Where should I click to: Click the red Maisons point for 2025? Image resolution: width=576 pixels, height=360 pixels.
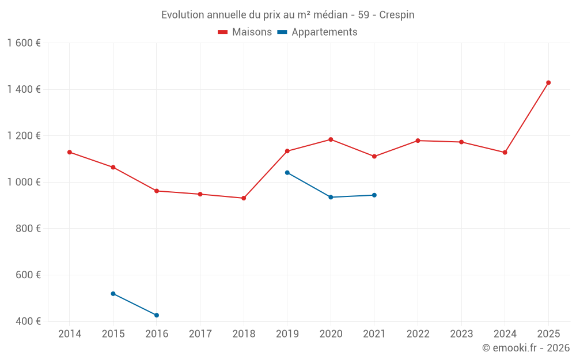[x=548, y=82]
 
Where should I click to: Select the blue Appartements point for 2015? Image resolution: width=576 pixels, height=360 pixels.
[x=113, y=294]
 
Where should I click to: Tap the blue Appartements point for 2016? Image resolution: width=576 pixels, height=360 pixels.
[x=157, y=315]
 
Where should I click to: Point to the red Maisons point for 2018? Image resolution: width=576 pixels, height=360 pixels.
[x=244, y=198]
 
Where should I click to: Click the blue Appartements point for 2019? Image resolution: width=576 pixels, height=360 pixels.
[x=287, y=172]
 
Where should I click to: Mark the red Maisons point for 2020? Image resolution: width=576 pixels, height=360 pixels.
[x=331, y=139]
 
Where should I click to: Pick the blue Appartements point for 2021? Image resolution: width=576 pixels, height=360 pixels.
[x=374, y=195]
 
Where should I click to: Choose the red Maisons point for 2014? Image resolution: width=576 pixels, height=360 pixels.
[x=70, y=152]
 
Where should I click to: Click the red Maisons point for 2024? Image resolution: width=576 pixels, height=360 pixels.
[x=505, y=153]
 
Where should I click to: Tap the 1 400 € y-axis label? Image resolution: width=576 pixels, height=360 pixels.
[x=24, y=89]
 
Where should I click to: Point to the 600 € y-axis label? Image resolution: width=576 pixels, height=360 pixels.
[x=28, y=275]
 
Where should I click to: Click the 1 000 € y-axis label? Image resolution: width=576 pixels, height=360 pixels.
[x=24, y=182]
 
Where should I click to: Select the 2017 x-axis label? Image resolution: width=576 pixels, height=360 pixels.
[x=200, y=334]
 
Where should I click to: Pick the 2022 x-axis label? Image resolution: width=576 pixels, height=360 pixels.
[x=418, y=334]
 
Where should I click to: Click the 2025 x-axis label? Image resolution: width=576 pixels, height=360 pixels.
[x=548, y=334]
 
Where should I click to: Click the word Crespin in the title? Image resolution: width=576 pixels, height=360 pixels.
[x=397, y=15]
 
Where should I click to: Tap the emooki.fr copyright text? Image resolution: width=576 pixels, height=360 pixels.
[x=526, y=348]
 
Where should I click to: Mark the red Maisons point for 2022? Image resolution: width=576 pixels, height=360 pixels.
[x=418, y=141]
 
